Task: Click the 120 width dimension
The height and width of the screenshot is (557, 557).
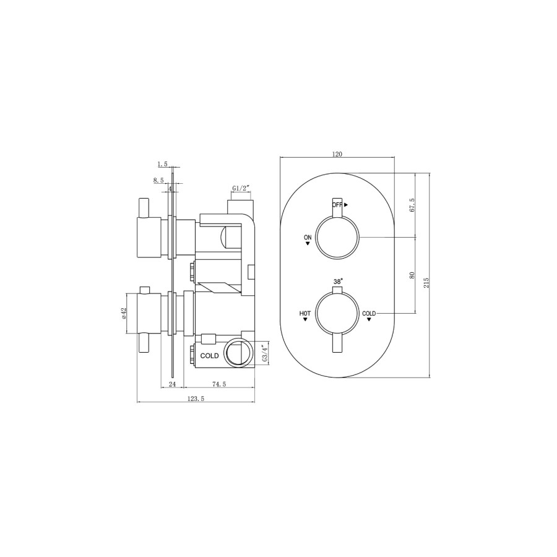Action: pos(337,154)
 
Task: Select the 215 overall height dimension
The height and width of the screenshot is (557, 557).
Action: pos(426,282)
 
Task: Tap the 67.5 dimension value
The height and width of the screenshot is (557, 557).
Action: pos(412,206)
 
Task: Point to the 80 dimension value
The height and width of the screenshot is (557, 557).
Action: pos(412,274)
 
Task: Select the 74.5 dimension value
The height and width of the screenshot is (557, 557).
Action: pos(219,384)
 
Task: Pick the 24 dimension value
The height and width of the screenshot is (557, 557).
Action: pos(173,384)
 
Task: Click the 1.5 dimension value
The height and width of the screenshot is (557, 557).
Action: pos(163,164)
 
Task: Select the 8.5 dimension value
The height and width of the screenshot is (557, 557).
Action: pos(159,180)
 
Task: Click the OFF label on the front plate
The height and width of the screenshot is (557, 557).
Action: pos(338,204)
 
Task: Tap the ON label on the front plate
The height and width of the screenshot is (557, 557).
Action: pos(308,237)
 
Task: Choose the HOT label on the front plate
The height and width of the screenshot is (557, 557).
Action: pos(305,314)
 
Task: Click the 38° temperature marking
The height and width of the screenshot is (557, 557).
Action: pos(338,281)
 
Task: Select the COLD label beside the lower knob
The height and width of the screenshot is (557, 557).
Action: pos(369,314)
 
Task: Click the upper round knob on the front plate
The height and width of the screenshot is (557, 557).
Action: pos(337,238)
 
